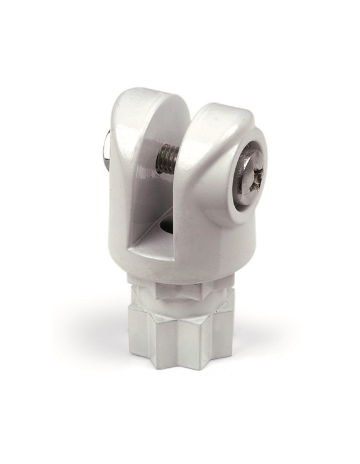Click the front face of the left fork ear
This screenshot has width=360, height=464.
click(126, 189)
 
